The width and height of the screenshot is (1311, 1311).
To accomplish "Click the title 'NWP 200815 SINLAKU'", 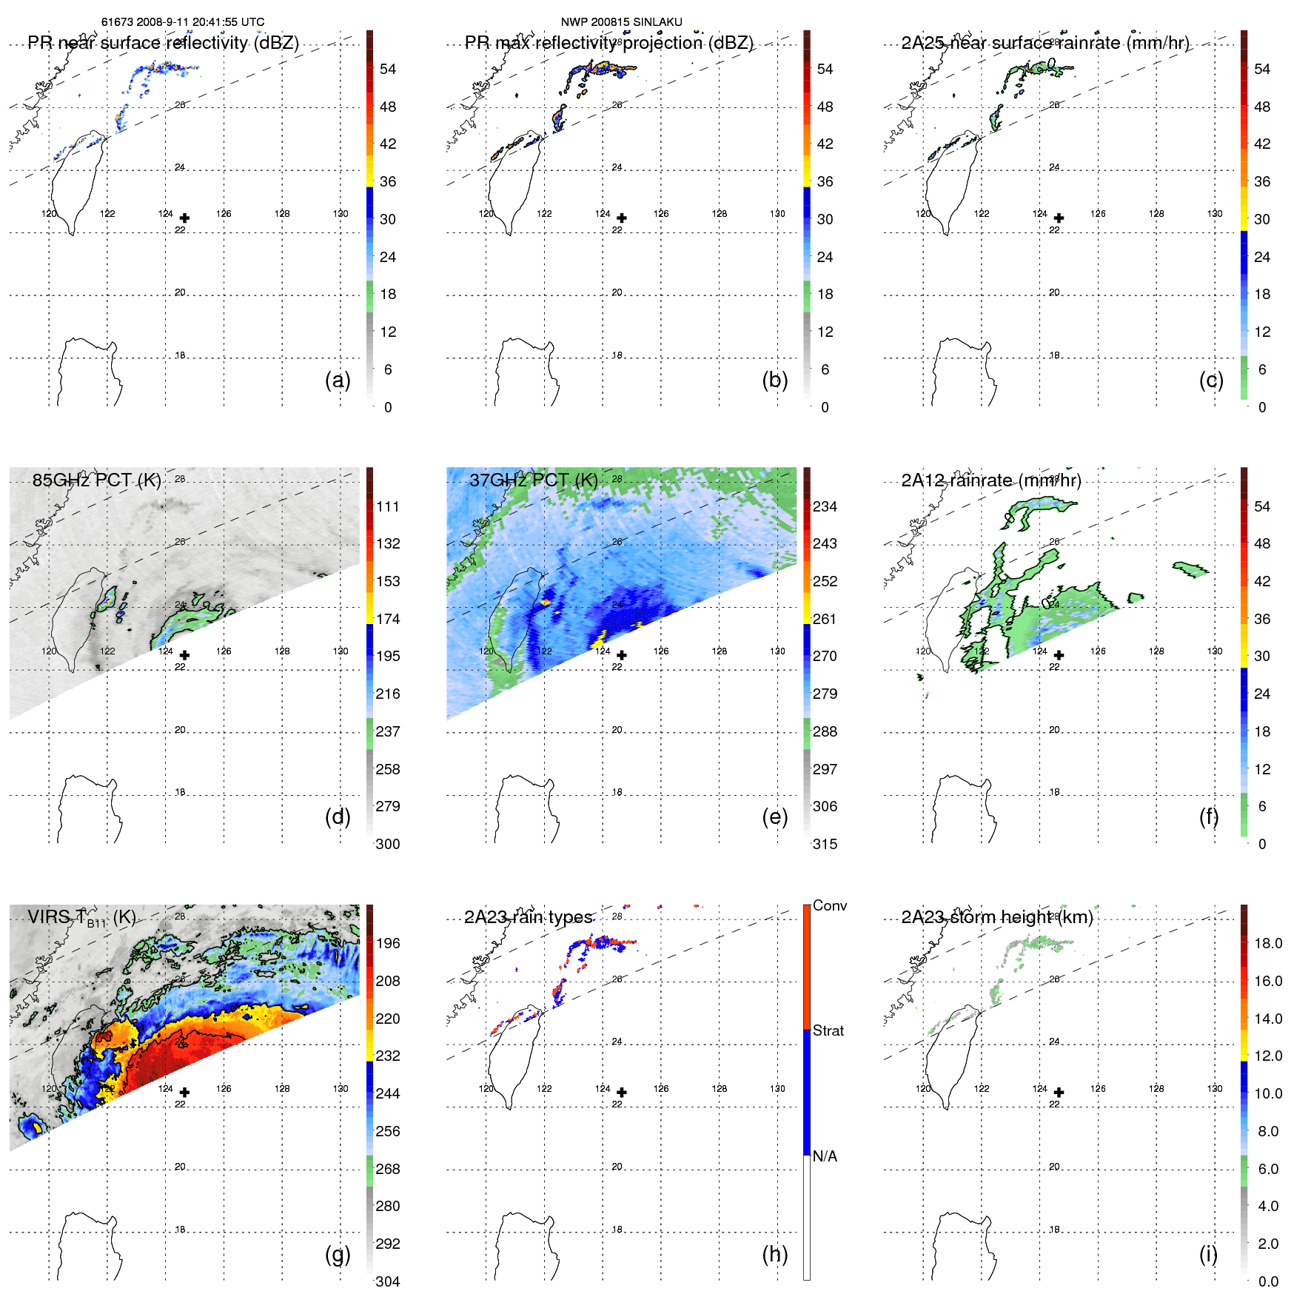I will pyautogui.click(x=621, y=22).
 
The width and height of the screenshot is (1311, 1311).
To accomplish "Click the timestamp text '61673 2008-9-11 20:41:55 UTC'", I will pyautogui.click(x=183, y=22).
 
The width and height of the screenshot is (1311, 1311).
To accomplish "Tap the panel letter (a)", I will pyautogui.click(x=338, y=380).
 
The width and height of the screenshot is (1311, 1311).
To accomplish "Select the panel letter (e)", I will pyautogui.click(x=774, y=817).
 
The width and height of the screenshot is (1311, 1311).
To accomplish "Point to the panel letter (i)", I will pyautogui.click(x=1208, y=1254).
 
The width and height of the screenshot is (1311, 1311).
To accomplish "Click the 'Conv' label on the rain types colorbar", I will pyautogui.click(x=829, y=905).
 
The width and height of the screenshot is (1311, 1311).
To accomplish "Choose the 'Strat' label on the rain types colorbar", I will pyautogui.click(x=828, y=1030).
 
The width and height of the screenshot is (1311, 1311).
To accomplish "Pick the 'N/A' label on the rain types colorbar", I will pyautogui.click(x=825, y=1156).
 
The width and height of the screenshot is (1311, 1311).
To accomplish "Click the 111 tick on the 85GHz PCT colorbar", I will pyautogui.click(x=388, y=506).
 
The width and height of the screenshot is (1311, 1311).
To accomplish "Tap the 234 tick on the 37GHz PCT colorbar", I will pyautogui.click(x=825, y=506).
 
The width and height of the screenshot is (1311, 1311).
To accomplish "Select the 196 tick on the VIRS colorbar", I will pyautogui.click(x=388, y=943).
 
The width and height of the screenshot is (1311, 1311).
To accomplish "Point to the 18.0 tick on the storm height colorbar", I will pyautogui.click(x=1268, y=943).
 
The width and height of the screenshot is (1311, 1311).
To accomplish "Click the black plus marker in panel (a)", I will pyautogui.click(x=184, y=218).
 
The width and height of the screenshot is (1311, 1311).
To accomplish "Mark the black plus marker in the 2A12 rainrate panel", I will pyautogui.click(x=1059, y=655).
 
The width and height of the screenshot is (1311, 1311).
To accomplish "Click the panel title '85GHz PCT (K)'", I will pyautogui.click(x=96, y=480).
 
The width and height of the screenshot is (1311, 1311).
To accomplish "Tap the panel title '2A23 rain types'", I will pyautogui.click(x=528, y=917).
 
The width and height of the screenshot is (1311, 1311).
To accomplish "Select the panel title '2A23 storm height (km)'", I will pyautogui.click(x=997, y=917).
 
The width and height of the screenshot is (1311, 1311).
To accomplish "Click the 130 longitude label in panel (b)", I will pyautogui.click(x=777, y=213).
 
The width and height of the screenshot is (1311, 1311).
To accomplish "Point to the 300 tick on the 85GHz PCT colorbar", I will pyautogui.click(x=388, y=844).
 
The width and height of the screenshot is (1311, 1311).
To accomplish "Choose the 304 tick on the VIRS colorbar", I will pyautogui.click(x=388, y=1281).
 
